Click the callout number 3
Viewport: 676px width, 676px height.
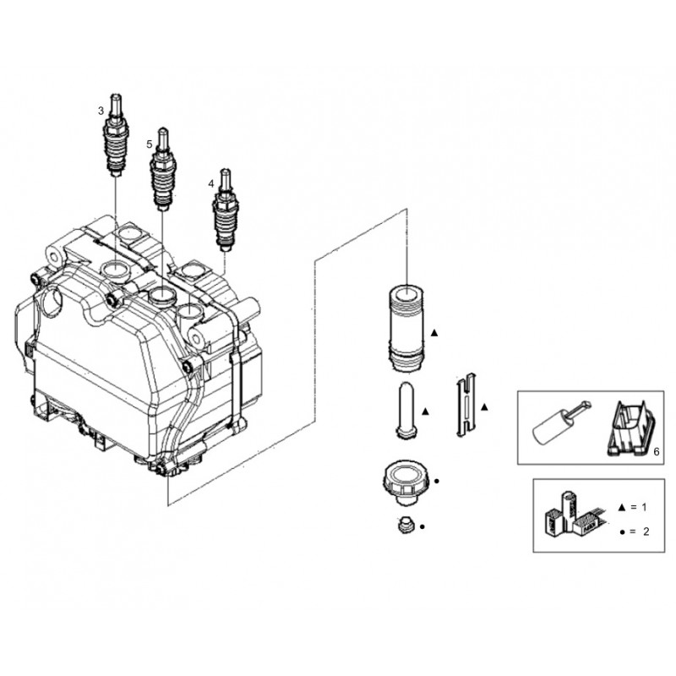[x=101, y=111]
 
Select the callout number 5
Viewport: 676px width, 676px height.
[x=150, y=144]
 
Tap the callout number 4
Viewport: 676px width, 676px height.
[x=210, y=183]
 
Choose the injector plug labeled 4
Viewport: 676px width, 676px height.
[x=225, y=211]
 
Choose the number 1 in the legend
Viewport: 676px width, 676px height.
[x=644, y=507]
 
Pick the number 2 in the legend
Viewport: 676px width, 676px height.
[x=644, y=532]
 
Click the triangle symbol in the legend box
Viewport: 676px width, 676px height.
[x=622, y=507]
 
